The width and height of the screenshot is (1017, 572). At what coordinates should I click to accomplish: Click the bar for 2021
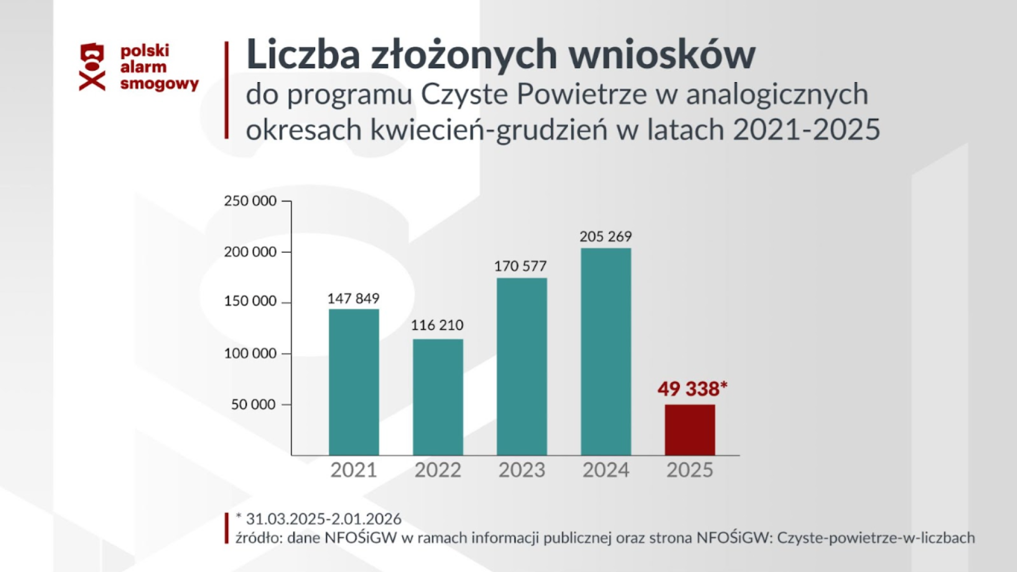354,382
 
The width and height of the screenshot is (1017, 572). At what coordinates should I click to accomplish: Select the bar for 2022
438,397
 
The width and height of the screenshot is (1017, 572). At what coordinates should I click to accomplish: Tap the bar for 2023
522,367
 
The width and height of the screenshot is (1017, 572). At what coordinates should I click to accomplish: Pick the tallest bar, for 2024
606,351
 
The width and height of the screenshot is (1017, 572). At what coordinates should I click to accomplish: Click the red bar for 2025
690,430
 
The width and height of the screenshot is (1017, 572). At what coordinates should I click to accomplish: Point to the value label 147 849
353,299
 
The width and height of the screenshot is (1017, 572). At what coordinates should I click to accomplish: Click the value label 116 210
437,325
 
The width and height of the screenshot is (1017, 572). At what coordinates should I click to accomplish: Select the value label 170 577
520,266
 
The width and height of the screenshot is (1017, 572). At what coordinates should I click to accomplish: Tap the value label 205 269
605,236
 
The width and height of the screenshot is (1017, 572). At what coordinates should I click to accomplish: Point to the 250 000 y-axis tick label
250,201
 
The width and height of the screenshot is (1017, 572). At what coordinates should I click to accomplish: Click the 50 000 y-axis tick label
254,405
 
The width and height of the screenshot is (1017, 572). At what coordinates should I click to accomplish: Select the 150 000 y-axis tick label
250,301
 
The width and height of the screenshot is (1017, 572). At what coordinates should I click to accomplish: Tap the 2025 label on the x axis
690,470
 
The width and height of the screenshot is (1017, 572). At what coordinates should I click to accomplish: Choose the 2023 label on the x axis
522,470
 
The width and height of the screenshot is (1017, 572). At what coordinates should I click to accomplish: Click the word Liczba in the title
303,55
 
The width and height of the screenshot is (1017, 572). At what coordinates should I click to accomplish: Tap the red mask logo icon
92,67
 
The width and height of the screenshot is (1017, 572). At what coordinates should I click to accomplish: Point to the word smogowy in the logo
159,84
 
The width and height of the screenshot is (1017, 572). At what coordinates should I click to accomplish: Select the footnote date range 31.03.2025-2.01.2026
323,519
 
